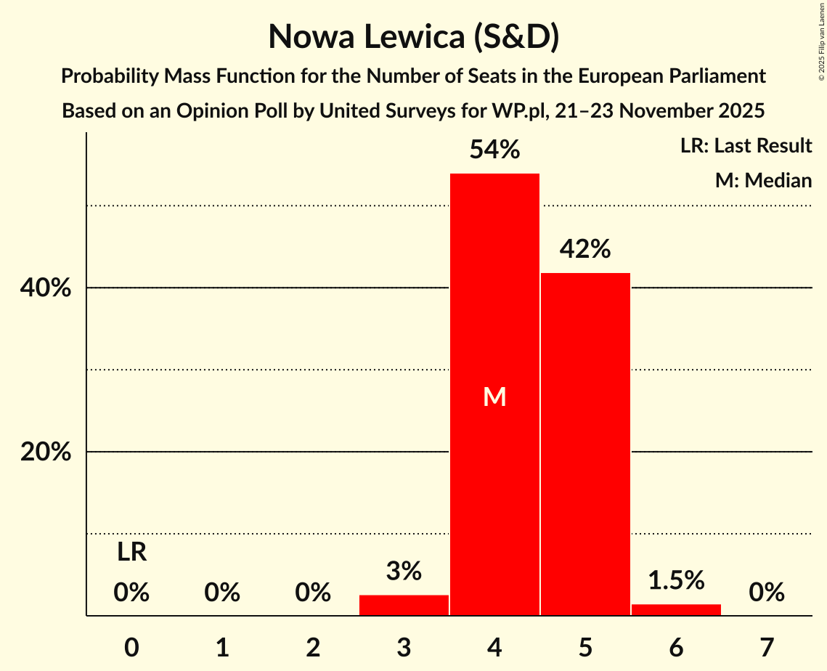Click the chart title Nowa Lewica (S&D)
coord(413,36)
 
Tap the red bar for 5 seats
coord(585,443)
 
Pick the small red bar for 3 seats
coord(404,605)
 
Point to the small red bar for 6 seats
coord(676,610)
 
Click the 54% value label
coord(494,150)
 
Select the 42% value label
coord(585,249)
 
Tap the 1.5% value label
coord(676,580)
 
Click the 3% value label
coord(404,571)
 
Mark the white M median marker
coord(494,396)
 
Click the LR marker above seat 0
coord(131,553)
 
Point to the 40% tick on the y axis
coord(45,288)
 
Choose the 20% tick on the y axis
coord(45,452)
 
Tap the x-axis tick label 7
coord(767,647)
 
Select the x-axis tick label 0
coord(131,647)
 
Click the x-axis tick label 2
coord(313,647)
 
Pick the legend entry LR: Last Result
coord(746,146)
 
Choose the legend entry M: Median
coord(763,180)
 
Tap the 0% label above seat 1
coord(222,593)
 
